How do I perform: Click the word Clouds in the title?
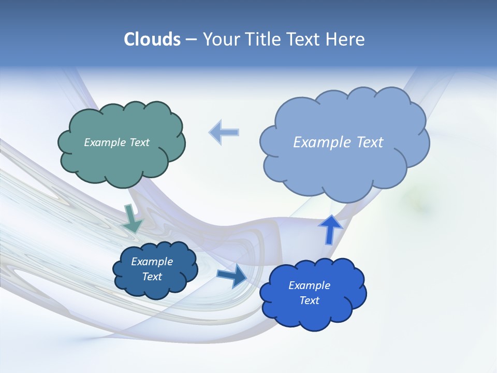(152, 39)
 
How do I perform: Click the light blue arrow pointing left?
(224, 132)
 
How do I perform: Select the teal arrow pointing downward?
(132, 219)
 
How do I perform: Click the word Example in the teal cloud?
(105, 142)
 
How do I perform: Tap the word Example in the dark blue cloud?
(152, 262)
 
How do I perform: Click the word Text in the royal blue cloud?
(309, 300)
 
